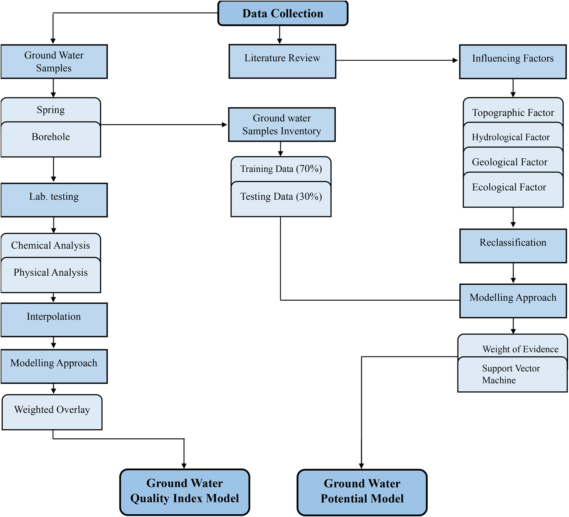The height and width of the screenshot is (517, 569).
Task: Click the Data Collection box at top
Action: (x=283, y=13)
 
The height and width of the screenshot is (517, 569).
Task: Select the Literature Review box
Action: (x=282, y=61)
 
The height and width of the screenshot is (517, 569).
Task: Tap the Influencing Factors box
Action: (x=512, y=61)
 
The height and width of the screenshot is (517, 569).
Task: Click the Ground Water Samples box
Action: (x=54, y=61)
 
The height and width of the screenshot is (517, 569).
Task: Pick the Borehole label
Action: (x=51, y=137)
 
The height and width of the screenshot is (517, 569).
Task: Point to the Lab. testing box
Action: (x=54, y=200)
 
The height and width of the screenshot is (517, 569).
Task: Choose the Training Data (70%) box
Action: (x=281, y=169)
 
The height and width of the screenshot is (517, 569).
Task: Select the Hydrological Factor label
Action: (x=511, y=137)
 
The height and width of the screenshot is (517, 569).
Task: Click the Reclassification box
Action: (x=513, y=245)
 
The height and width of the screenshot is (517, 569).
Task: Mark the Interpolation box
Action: (x=54, y=319)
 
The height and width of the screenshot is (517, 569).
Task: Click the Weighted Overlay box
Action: (x=52, y=411)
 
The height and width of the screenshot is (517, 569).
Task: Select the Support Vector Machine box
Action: (x=511, y=374)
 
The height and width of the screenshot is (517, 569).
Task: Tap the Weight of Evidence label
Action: (x=520, y=349)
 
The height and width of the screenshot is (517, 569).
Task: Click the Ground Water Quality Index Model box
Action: (x=185, y=492)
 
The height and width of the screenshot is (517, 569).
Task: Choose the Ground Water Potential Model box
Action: (x=362, y=492)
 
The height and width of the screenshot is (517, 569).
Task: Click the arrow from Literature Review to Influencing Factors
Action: (x=397, y=60)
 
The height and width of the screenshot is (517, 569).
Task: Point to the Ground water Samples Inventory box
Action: (x=281, y=125)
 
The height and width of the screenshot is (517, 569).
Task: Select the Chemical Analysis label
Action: (x=50, y=246)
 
